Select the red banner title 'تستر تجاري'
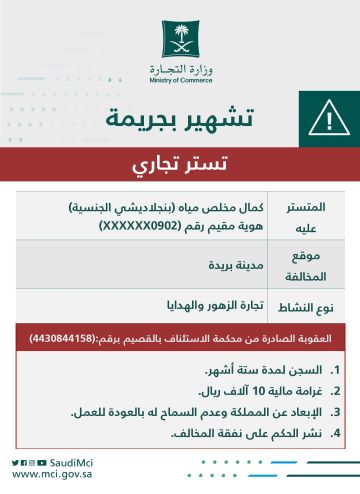(179, 162)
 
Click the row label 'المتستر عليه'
(324, 218)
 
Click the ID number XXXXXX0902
(139, 227)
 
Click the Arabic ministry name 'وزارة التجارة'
(180, 67)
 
